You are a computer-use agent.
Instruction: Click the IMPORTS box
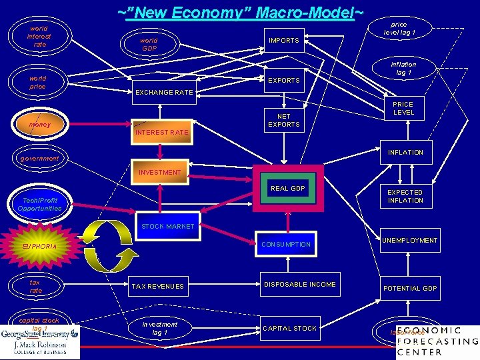click(x=284, y=41)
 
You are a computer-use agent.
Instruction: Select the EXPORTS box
click(x=284, y=81)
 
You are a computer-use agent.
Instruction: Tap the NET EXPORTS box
click(x=284, y=121)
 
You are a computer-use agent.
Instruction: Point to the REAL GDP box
click(x=288, y=189)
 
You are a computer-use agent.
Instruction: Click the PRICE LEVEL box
click(x=403, y=109)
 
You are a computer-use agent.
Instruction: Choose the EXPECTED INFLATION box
click(x=405, y=197)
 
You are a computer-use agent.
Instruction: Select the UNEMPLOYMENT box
click(x=409, y=241)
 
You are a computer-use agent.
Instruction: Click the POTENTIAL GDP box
click(x=409, y=289)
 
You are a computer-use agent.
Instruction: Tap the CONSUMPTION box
click(x=286, y=245)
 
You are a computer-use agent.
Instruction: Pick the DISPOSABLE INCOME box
click(x=300, y=285)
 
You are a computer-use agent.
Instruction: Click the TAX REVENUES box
click(x=157, y=287)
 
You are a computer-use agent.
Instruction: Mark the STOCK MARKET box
click(x=167, y=227)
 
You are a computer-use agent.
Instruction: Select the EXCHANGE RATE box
click(x=164, y=93)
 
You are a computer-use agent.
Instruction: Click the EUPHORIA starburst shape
click(x=39, y=247)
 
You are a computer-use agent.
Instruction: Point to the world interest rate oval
click(x=39, y=37)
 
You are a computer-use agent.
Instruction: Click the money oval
click(x=39, y=125)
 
